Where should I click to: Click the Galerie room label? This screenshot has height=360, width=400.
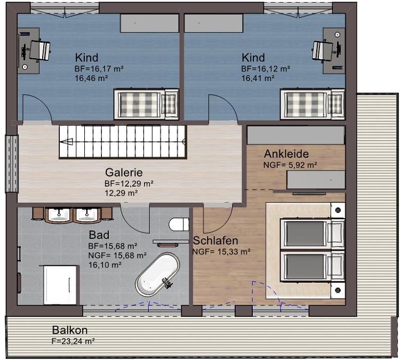(124, 172)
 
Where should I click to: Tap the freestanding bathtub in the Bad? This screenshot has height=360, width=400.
(157, 274)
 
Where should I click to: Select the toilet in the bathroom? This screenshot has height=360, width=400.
(179, 225)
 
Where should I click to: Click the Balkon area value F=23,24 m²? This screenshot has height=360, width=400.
(73, 341)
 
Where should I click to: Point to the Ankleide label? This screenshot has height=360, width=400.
(286, 154)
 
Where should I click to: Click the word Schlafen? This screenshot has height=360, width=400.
(215, 241)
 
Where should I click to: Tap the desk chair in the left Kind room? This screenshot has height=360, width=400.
(39, 50)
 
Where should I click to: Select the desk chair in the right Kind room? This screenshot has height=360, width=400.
(323, 52)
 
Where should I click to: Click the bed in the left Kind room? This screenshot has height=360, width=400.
(146, 104)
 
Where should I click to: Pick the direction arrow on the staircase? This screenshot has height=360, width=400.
(66, 142)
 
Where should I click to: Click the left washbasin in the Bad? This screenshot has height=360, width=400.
(59, 215)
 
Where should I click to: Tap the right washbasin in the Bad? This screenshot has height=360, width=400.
(87, 215)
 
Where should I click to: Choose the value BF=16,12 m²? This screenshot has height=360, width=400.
(265, 69)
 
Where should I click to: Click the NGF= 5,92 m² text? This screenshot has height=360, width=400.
(290, 165)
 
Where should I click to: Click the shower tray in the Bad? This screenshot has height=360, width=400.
(60, 285)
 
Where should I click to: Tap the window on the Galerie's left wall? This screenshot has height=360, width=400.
(12, 164)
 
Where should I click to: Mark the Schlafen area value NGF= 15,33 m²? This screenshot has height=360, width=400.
(221, 252)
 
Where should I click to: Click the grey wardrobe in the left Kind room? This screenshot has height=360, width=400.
(149, 23)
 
